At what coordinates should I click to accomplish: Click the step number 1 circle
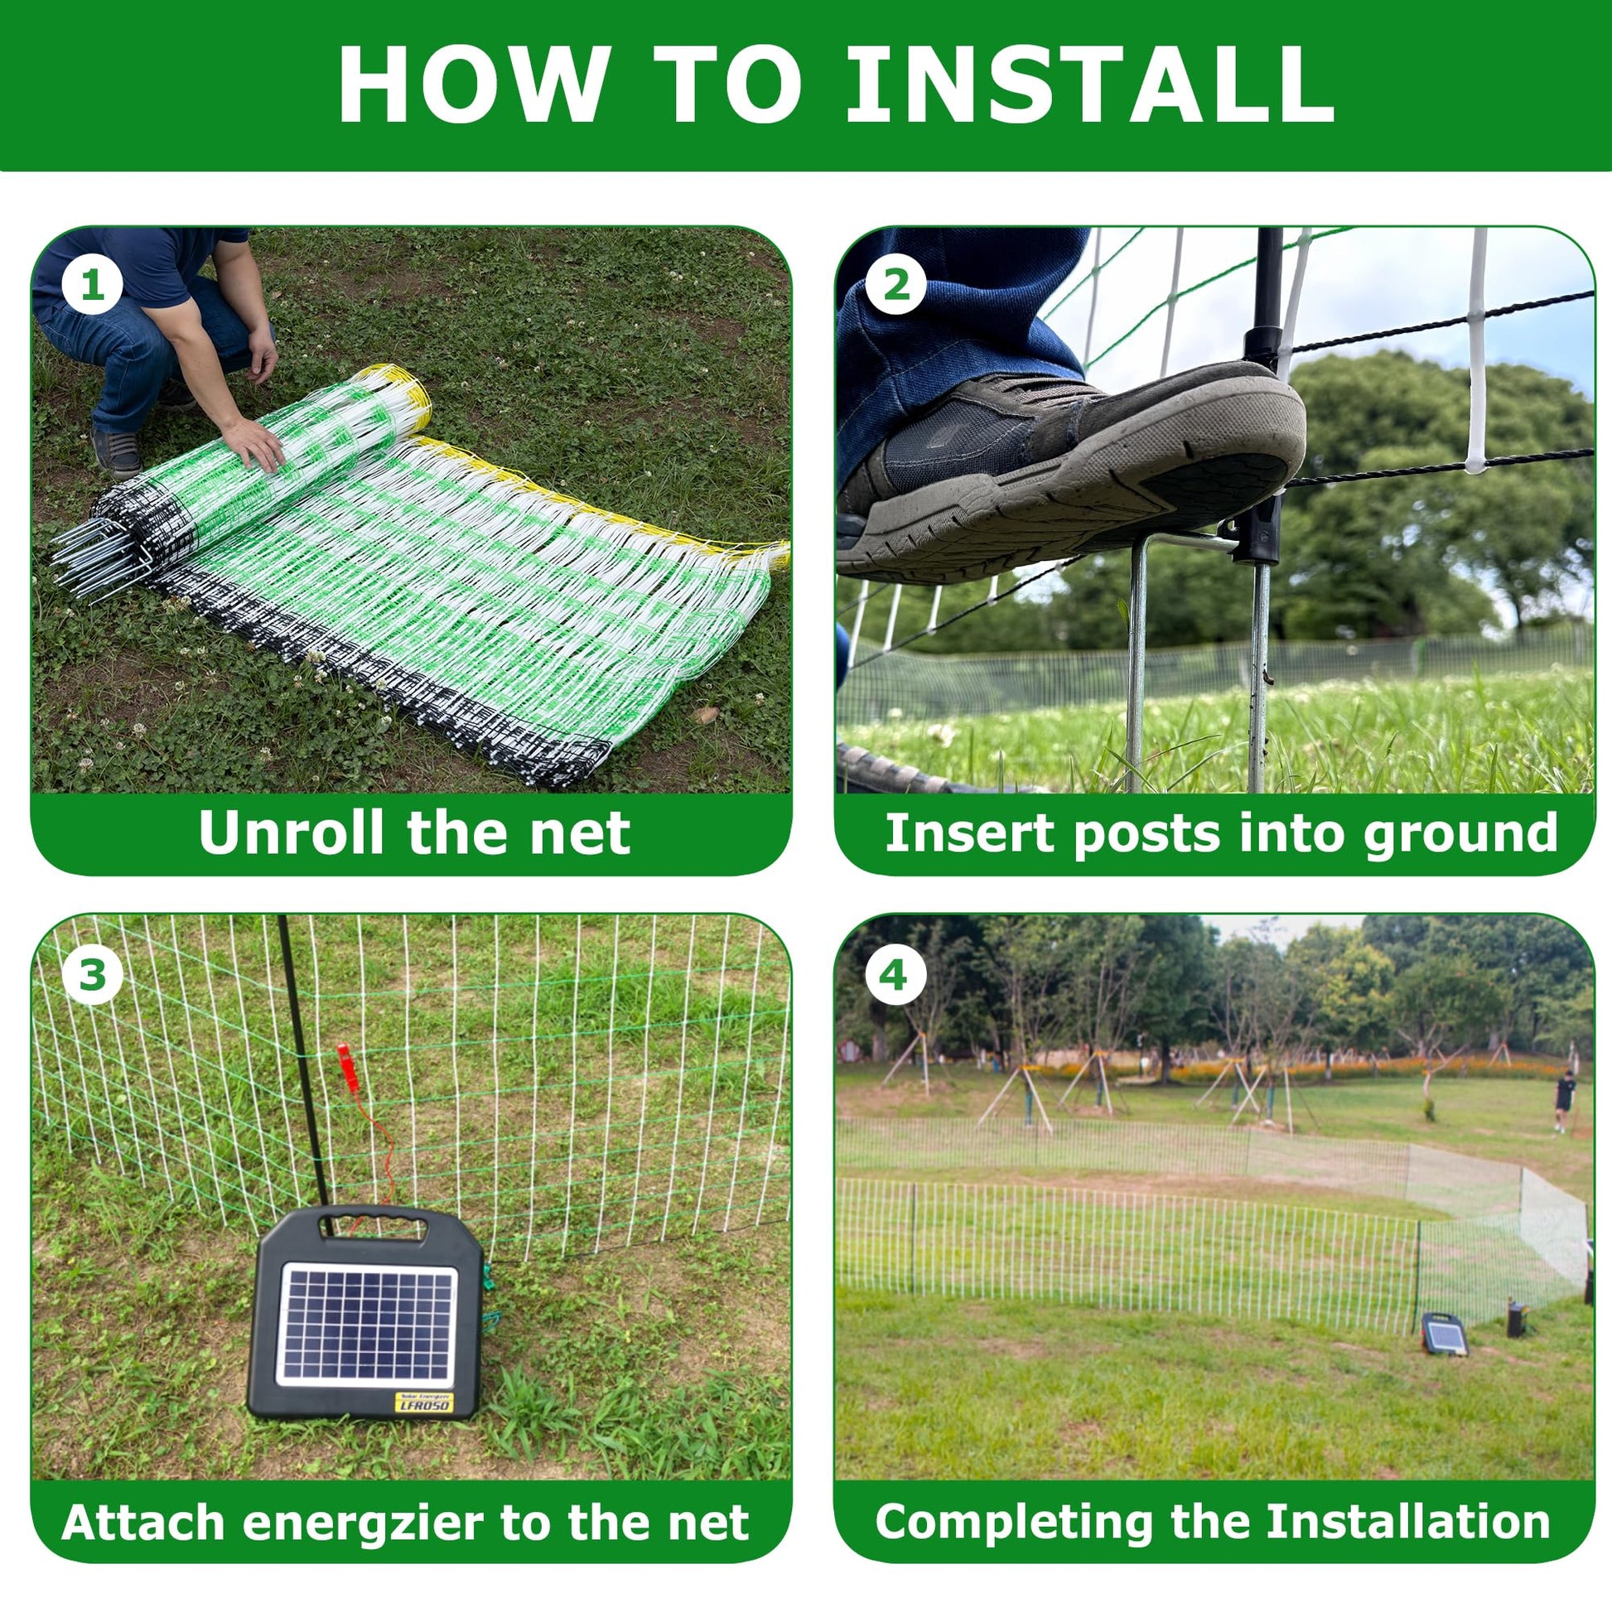(92, 285)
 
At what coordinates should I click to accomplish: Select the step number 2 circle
(895, 285)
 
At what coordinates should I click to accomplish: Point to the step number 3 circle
(92, 973)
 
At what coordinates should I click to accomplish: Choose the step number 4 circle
(895, 973)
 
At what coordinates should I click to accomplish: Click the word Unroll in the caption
(294, 832)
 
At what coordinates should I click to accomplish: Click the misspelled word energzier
(364, 1523)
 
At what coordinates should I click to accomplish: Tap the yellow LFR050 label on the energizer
(425, 1402)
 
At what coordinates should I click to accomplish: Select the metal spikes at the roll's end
(100, 557)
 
